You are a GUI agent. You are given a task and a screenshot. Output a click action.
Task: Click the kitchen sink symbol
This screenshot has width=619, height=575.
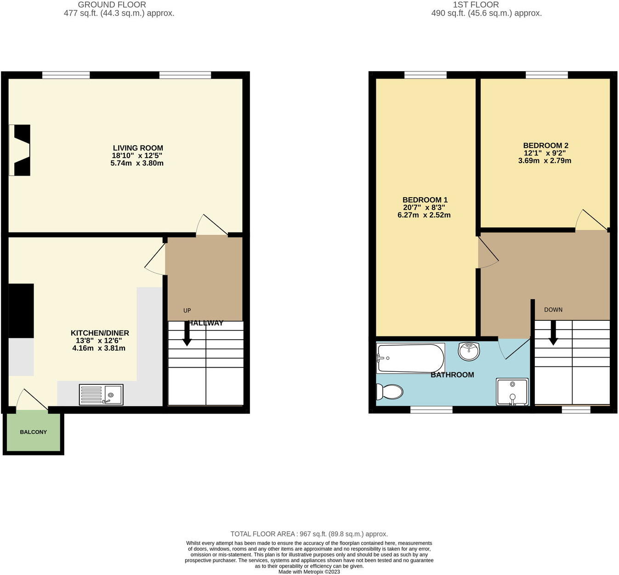(101, 394)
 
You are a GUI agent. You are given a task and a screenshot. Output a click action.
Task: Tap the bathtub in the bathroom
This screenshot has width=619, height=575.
(410, 358)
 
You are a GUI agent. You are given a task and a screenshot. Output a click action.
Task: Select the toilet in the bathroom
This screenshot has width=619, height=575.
(389, 392)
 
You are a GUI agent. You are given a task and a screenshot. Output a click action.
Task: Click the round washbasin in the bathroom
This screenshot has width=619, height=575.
(469, 351)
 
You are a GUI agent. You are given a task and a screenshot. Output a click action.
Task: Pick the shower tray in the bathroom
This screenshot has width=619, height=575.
(512, 392)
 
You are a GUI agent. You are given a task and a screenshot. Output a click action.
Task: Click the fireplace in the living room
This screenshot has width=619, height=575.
(20, 150)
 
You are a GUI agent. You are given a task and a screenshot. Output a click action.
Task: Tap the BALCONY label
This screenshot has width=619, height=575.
(33, 432)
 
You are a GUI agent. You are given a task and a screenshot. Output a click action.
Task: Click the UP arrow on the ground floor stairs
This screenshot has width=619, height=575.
(187, 333)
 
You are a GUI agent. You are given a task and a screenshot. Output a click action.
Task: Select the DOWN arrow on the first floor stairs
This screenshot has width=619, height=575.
(553, 332)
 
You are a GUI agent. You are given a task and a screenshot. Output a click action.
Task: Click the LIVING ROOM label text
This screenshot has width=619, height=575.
(138, 148)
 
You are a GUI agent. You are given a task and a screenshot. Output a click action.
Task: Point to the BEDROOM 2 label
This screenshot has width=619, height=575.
(545, 146)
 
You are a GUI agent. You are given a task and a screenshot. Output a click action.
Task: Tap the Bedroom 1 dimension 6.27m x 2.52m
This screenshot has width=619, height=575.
(424, 215)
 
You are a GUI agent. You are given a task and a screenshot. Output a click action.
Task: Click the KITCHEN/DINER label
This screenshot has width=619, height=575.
(100, 333)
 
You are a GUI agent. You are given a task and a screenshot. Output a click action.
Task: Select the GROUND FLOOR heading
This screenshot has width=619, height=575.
(112, 5)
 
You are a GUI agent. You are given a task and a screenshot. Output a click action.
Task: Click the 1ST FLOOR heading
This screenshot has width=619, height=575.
(476, 5)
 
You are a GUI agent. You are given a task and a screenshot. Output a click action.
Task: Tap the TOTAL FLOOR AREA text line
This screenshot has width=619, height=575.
(309, 534)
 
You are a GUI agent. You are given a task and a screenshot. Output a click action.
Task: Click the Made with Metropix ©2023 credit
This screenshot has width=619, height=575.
(309, 572)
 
